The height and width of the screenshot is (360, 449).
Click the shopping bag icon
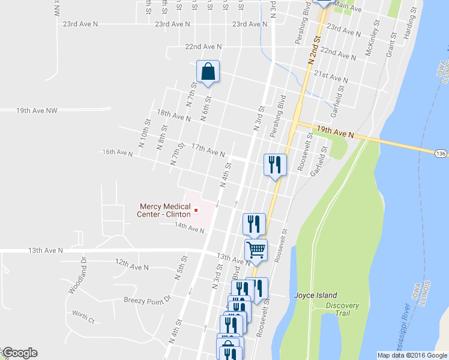click(x=208, y=72)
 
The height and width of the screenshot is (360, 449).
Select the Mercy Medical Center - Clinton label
click(x=164, y=211)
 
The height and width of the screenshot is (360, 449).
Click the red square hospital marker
click(x=196, y=211)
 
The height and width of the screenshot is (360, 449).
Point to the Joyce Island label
click(x=315, y=295)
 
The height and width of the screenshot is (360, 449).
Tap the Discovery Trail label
click(x=343, y=310)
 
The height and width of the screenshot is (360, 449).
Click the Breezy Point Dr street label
click(x=148, y=299)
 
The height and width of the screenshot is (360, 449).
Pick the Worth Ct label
click(x=83, y=317)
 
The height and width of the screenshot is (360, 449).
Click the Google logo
click(x=19, y=353)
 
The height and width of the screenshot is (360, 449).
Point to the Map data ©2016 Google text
click(x=412, y=355)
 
